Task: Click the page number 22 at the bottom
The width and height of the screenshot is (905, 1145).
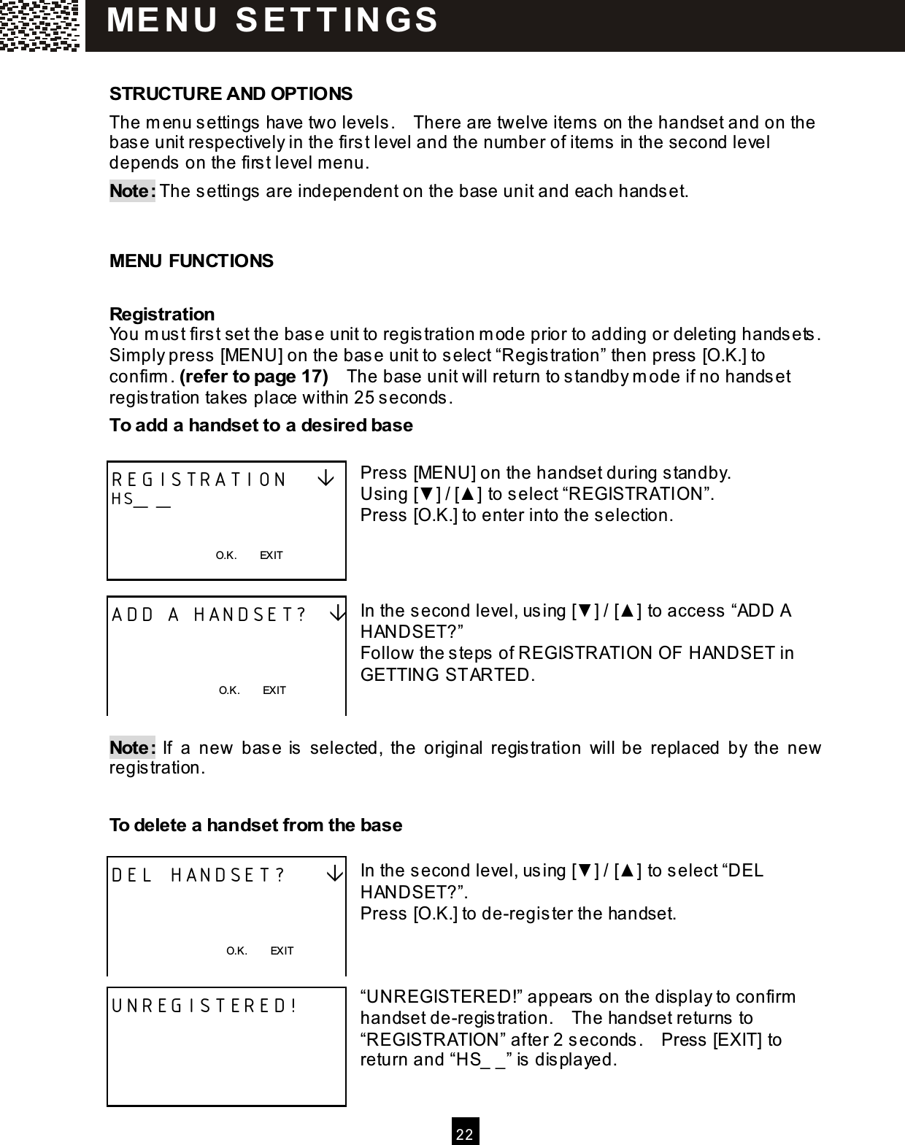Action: pos(465,1133)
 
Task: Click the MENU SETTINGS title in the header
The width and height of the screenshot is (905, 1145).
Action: pos(273,20)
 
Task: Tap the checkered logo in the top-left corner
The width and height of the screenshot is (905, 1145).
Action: pos(40,25)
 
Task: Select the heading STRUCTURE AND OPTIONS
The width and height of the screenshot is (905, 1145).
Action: pos(231,94)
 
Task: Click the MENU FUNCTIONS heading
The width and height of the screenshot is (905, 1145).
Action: pos(191,261)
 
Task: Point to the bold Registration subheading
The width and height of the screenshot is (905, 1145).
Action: pos(162,315)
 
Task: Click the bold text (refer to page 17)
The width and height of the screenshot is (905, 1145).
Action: pos(253,377)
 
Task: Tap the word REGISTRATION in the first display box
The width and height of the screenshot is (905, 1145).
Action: pos(199,479)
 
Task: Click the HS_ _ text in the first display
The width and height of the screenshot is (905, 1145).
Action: pos(141,500)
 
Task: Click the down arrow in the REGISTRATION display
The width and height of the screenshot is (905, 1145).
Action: pos(326,479)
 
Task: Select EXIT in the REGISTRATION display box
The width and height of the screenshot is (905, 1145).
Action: pos(271,555)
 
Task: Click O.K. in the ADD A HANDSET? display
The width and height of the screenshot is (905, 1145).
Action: pos(229,690)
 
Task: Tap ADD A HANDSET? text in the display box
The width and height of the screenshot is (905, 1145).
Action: pos(209,614)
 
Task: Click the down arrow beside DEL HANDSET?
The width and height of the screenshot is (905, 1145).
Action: pos(335,874)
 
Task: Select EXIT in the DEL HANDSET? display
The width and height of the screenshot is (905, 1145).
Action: pos(282,951)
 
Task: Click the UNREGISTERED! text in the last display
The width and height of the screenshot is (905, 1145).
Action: pos(204,1006)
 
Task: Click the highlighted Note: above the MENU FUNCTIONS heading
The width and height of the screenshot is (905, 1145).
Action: pos(132,192)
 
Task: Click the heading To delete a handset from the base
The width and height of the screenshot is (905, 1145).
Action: pos(255,825)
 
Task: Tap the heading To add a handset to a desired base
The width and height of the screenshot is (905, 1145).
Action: pos(261,425)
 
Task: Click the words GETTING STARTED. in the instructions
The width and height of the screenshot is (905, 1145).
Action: pos(447,674)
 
